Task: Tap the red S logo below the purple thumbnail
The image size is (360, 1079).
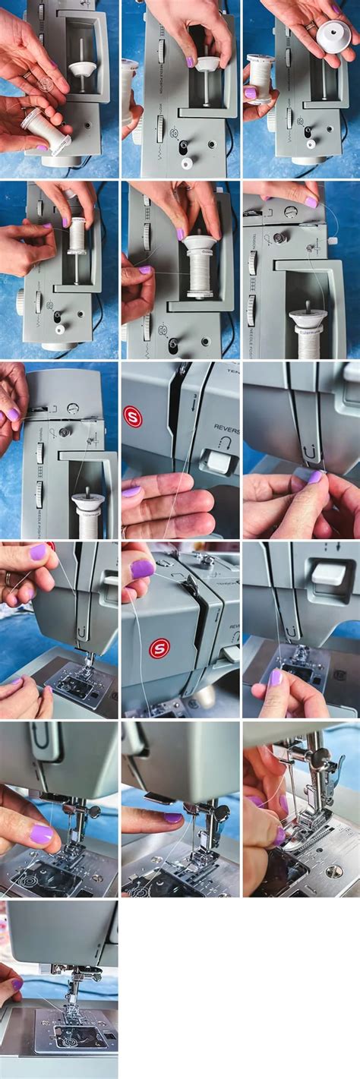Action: (159, 648)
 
